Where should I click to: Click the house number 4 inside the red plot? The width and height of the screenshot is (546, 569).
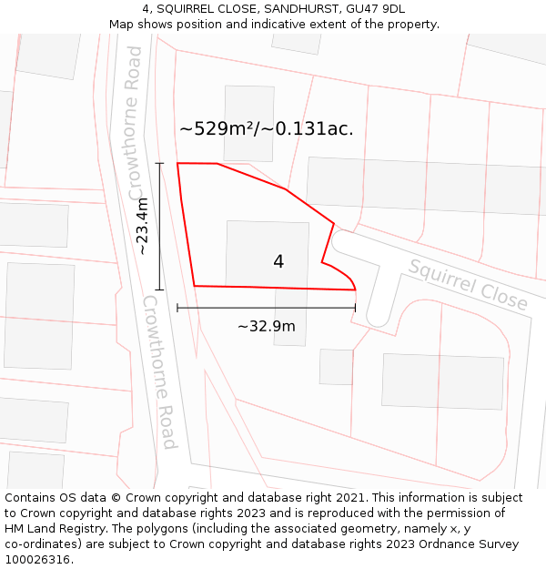tap(278, 262)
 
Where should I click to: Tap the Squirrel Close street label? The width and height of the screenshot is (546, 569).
tap(468, 284)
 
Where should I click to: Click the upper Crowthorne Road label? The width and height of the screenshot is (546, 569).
tap(136, 124)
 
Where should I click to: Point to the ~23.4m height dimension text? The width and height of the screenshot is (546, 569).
tap(142, 227)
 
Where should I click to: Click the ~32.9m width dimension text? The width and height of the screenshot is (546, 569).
tap(267, 326)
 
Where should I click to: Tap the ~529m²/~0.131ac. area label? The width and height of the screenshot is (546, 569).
tap(267, 129)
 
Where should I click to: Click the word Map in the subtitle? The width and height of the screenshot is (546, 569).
tap(121, 25)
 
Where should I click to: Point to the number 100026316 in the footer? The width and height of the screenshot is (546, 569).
tap(36, 560)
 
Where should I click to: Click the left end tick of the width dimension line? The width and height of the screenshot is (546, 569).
tap(177, 308)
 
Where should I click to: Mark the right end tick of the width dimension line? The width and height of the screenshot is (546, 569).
tap(355, 308)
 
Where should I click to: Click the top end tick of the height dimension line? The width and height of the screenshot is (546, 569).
tap(159, 164)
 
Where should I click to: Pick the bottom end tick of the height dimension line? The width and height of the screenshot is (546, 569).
tap(159, 290)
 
